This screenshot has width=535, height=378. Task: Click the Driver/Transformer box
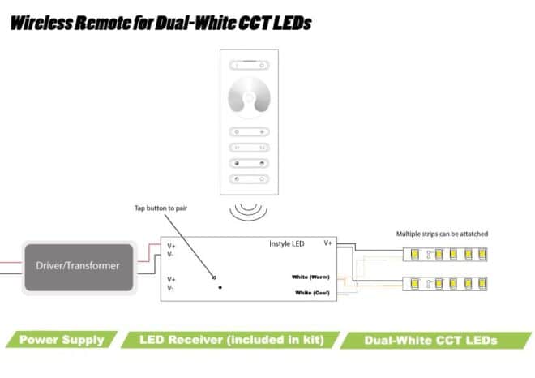(79, 266)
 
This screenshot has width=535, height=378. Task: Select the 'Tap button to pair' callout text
(160, 208)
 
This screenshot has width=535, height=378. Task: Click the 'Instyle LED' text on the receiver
(286, 243)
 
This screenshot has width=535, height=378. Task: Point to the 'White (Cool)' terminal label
(310, 292)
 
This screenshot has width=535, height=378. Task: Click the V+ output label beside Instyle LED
(327, 243)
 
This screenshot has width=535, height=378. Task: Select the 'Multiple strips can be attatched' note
(442, 234)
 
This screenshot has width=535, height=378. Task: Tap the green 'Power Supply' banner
(62, 340)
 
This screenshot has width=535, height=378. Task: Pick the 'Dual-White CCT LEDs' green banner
(430, 340)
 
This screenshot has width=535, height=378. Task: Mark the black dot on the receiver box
(220, 287)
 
